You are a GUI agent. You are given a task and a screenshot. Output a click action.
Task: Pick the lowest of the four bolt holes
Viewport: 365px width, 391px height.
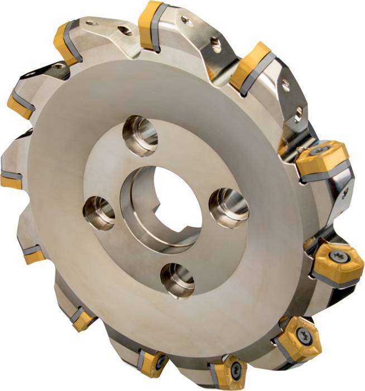tap(177, 279)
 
